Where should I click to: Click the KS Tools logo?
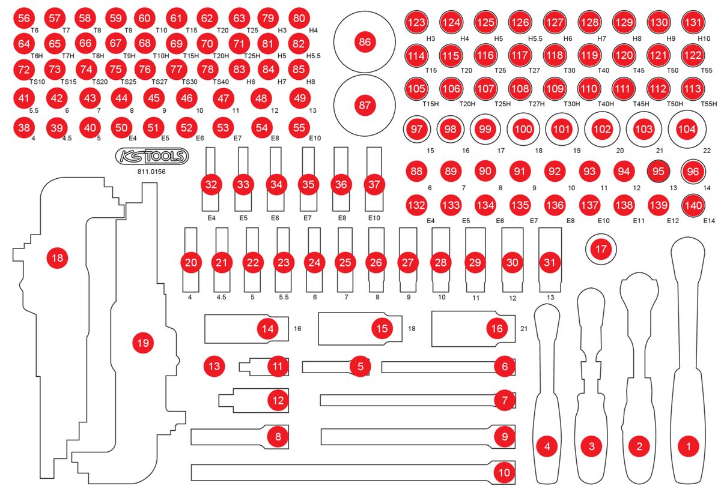pyautogui.click(x=151, y=157)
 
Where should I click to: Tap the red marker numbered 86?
pyautogui.click(x=364, y=43)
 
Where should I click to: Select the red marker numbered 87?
pyautogui.click(x=364, y=106)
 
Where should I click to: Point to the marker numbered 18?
pyautogui.click(x=58, y=259)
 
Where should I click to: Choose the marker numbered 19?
pyautogui.click(x=142, y=343)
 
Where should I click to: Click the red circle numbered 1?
pyautogui.click(x=688, y=446)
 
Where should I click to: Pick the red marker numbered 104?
pyautogui.click(x=686, y=129)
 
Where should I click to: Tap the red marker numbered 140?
pyautogui.click(x=693, y=205)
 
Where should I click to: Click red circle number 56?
pyautogui.click(x=24, y=19)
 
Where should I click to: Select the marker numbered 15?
pyautogui.click(x=381, y=328)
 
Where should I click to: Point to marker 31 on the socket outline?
pyautogui.click(x=547, y=263)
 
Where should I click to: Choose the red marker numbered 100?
pyautogui.click(x=523, y=129)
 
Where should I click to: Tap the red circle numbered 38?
pyautogui.click(x=24, y=127)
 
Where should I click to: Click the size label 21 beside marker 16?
pyautogui.click(x=524, y=329)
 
